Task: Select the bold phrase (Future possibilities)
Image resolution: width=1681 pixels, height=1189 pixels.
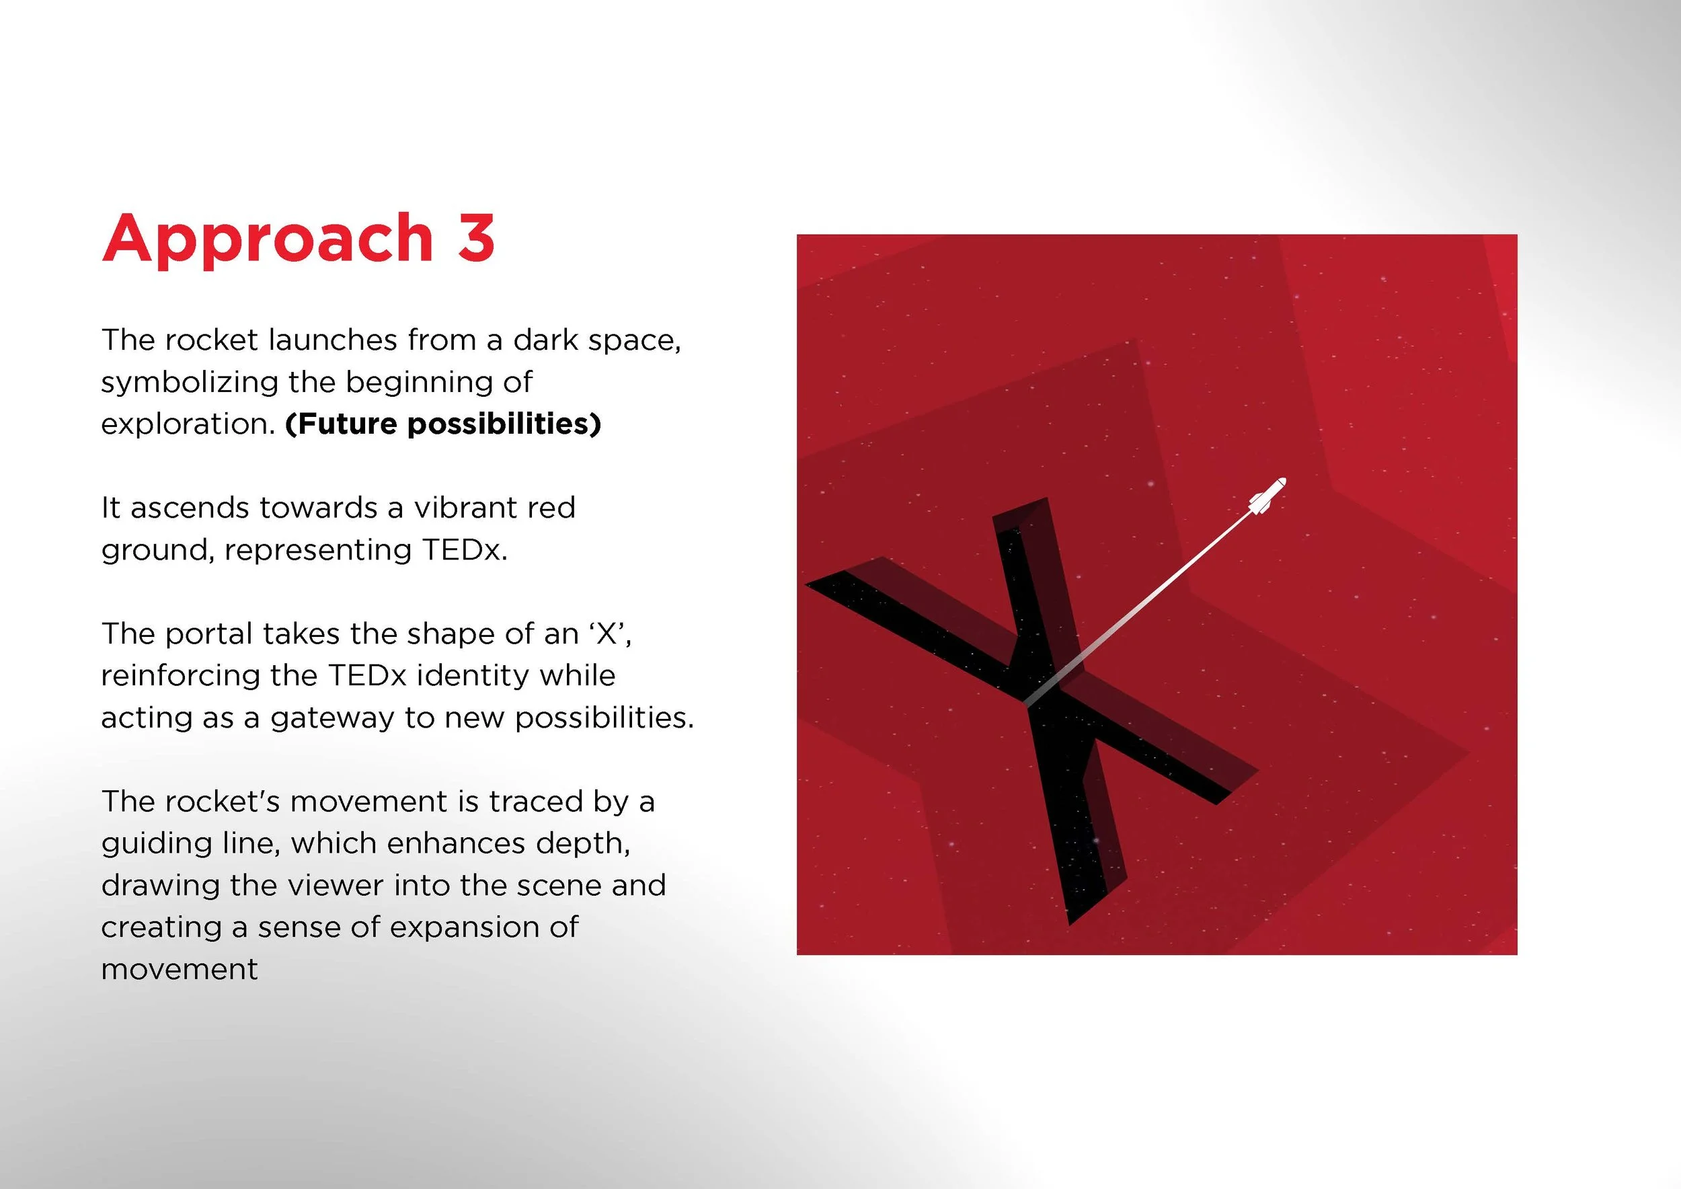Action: click(443, 424)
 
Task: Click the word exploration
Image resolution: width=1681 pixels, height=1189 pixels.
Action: click(188, 424)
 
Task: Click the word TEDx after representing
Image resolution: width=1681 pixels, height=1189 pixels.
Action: click(464, 550)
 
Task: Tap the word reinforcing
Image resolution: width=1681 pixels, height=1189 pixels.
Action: click(180, 676)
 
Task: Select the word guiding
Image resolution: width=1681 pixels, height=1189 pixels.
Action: click(151, 844)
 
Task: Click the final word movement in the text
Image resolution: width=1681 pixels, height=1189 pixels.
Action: click(180, 970)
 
